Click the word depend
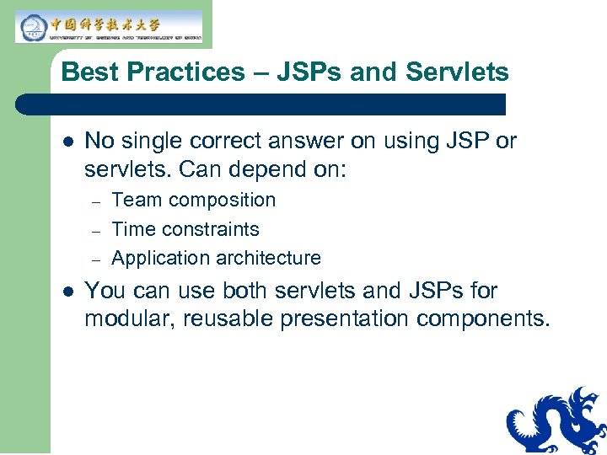(x=253, y=170)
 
